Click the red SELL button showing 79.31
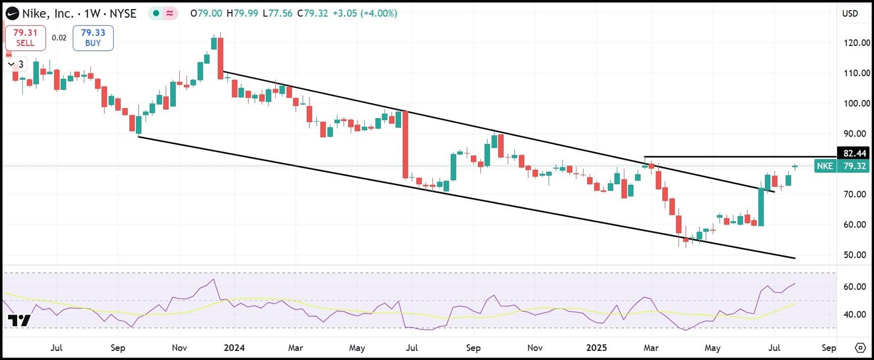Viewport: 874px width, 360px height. pyautogui.click(x=25, y=38)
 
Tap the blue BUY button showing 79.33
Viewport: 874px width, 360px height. pyautogui.click(x=93, y=38)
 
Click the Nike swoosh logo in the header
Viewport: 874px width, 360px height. pyautogui.click(x=11, y=13)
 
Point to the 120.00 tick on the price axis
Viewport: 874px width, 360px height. pyautogui.click(x=857, y=43)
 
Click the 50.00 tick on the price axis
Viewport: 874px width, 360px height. pyautogui.click(x=857, y=255)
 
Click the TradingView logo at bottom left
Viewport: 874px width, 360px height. pyautogui.click(x=20, y=320)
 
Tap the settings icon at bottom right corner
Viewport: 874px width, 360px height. pyautogui.click(x=860, y=347)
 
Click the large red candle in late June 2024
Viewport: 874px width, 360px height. pyautogui.click(x=405, y=144)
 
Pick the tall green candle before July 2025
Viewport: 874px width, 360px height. pyautogui.click(x=761, y=206)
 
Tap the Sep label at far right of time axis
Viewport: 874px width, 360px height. pyautogui.click(x=829, y=347)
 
